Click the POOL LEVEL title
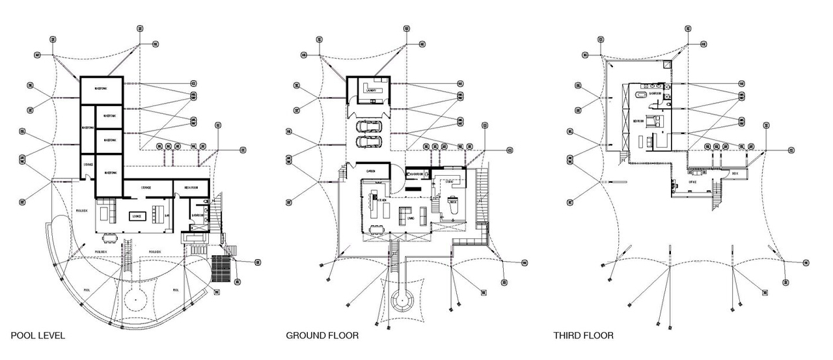pos(37,336)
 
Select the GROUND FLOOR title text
pos(322,336)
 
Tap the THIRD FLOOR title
pos(583,336)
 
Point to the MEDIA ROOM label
pos(191,187)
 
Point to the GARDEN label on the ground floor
pos(371,171)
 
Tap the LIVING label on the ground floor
pos(411,219)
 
